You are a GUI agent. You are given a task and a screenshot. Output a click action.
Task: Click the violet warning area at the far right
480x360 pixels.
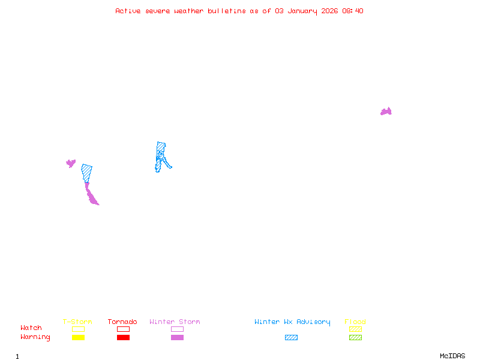click(386, 112)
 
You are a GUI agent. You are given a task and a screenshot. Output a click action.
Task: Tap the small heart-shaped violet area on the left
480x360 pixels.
click(71, 163)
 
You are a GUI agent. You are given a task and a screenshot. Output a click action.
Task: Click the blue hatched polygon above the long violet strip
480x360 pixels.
click(87, 172)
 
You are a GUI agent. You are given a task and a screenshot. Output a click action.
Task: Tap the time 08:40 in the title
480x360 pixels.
click(353, 11)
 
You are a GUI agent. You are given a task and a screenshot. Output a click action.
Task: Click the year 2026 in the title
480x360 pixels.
click(329, 11)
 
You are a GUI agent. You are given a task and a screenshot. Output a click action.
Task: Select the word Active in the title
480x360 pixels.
click(128, 11)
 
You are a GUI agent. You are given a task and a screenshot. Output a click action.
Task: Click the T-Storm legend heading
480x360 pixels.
click(77, 322)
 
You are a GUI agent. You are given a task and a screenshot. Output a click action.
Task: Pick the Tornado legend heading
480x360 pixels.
click(122, 322)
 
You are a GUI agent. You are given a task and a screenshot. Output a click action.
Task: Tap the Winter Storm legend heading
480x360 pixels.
click(175, 322)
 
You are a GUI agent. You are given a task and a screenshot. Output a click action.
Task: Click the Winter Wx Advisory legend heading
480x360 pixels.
click(292, 322)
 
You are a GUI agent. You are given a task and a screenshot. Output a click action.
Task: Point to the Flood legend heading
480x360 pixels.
click(355, 322)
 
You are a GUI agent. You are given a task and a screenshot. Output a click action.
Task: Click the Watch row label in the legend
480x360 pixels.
click(31, 328)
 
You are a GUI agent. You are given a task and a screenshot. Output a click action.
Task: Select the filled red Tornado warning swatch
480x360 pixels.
click(123, 337)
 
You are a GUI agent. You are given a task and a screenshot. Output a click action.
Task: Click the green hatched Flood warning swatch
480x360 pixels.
click(355, 337)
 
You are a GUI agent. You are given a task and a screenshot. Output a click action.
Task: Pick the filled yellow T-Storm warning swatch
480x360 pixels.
click(78, 337)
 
